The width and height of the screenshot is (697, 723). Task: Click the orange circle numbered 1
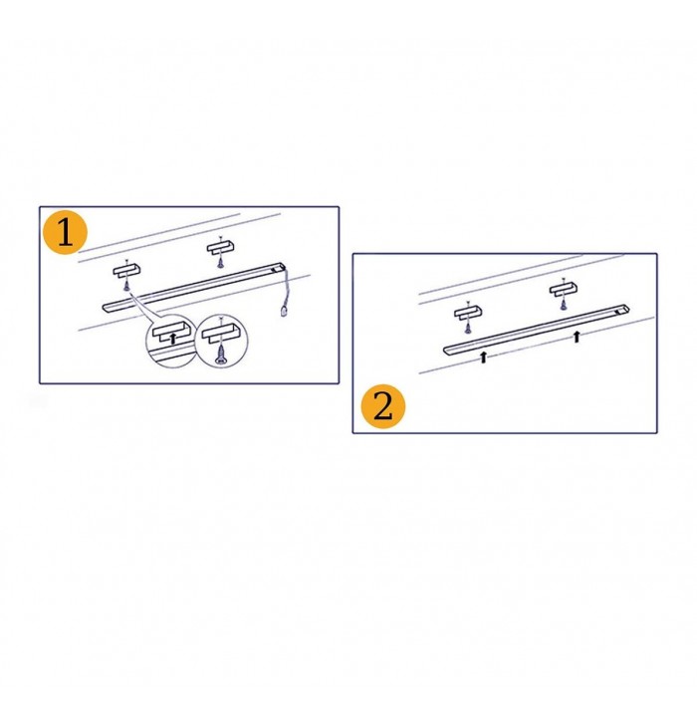point(65,232)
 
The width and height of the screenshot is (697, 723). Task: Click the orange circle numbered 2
point(382,406)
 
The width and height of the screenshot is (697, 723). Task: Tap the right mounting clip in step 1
point(221,248)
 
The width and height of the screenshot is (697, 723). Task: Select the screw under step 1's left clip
point(125,286)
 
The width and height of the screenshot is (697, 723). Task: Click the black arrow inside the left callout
point(173,339)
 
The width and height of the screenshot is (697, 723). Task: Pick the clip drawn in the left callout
point(171,331)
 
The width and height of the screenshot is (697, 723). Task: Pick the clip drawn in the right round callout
point(221,333)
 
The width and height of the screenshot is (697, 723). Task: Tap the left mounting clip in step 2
point(468,313)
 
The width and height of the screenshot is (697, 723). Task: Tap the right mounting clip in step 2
point(563,289)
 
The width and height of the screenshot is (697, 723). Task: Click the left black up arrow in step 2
point(483,357)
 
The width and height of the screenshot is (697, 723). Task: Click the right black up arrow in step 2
point(577,337)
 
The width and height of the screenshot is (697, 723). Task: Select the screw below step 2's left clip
point(468,328)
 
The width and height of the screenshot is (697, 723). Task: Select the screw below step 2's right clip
point(563,305)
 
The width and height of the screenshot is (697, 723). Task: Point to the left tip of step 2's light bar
point(444,351)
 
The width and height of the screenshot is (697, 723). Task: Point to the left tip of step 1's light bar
point(103,308)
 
